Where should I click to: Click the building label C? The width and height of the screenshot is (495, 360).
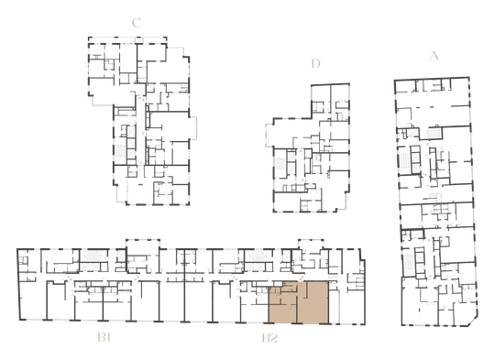[x=137, y=23]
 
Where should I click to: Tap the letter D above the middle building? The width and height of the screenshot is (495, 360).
[x=315, y=63]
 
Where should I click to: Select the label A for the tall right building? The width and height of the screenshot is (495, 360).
[x=434, y=56]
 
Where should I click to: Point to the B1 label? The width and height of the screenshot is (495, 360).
[x=104, y=338]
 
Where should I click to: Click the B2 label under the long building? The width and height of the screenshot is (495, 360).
[x=269, y=338]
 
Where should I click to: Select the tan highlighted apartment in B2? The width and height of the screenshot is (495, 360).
[x=299, y=302]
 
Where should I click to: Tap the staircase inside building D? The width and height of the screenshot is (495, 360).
[x=280, y=164]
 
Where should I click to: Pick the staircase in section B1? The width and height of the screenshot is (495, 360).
[x=93, y=256]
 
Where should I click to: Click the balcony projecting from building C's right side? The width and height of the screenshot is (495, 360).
[x=192, y=127]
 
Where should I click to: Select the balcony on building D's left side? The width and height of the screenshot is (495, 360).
[x=269, y=136]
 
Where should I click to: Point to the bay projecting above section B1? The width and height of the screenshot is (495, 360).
[x=143, y=244]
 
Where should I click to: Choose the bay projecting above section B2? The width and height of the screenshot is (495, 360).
[x=311, y=244]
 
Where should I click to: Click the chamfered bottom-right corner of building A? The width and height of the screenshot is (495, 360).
[x=473, y=322]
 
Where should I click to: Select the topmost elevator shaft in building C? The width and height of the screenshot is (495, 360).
[x=131, y=131]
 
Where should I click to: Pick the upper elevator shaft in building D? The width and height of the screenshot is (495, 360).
[x=291, y=157]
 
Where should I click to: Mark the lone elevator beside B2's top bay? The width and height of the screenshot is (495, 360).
[x=287, y=256]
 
